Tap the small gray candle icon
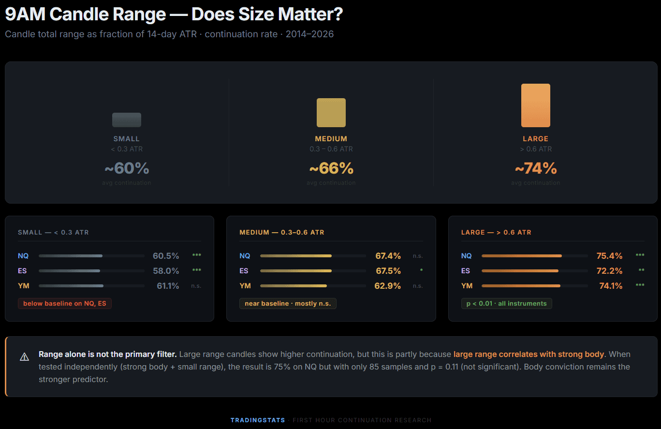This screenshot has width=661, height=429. [x=127, y=120]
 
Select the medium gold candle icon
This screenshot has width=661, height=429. [x=331, y=113]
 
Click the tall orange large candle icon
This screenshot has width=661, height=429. [x=535, y=105]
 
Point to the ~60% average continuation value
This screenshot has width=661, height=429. [x=127, y=168]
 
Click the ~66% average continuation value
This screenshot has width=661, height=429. [x=331, y=168]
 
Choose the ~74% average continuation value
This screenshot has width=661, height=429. [x=535, y=168]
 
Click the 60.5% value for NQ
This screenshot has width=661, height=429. [x=166, y=256]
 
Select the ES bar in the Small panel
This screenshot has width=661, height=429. [x=91, y=271]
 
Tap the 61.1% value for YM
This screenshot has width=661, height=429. [x=168, y=286]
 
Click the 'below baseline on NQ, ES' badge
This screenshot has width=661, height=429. [x=65, y=304]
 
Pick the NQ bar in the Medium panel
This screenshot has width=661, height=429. [x=313, y=256]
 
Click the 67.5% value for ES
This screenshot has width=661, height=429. [x=388, y=271]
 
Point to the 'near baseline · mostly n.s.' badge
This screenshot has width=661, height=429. [x=288, y=304]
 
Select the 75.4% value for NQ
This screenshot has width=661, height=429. [x=609, y=256]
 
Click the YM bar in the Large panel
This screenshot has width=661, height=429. [x=534, y=286]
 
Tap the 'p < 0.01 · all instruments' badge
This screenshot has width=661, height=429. [x=506, y=304]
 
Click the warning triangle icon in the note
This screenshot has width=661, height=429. [x=24, y=357]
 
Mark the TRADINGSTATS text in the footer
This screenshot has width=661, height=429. [x=258, y=420]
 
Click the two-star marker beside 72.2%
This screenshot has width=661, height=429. [x=640, y=271]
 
